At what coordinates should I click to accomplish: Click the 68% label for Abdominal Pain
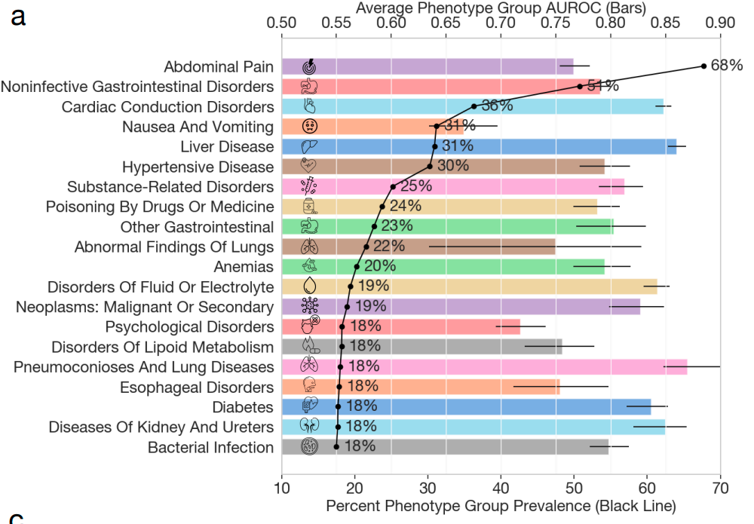727,66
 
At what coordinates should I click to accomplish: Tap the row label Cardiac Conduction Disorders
167,106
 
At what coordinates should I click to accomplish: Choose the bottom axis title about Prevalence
501,505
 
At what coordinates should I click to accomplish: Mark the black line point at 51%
580,86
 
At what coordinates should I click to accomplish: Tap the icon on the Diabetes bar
308,407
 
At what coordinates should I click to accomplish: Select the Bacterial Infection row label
210,447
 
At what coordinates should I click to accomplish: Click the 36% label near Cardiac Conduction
498,106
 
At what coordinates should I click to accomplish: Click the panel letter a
19,15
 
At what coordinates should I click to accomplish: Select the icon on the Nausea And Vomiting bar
308,126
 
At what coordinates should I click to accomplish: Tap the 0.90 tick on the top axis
720,23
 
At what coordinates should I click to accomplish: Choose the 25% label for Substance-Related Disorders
416,185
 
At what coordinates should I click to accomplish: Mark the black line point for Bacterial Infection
336,447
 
